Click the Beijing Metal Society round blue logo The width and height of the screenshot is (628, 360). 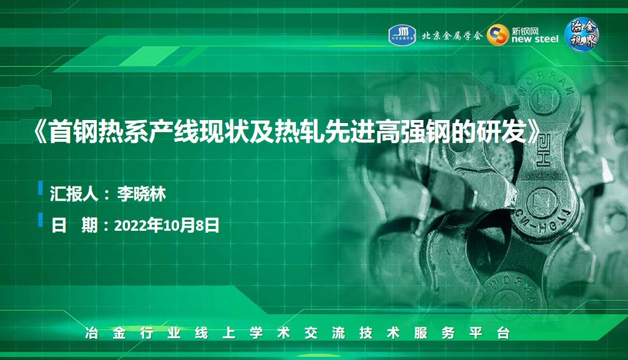coord(402,35)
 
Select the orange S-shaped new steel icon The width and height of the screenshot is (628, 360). coord(498,35)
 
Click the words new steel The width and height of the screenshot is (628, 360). coord(535,39)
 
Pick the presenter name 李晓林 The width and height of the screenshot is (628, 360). coord(141,194)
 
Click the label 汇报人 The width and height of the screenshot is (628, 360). coord(74,194)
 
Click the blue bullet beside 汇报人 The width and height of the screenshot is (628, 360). coord(40,188)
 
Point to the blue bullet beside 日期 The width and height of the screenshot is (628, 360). coord(40,219)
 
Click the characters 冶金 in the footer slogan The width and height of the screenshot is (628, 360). coord(105,333)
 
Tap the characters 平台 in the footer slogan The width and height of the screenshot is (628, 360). coord(489,333)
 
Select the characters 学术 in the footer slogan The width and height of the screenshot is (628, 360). coord(270,333)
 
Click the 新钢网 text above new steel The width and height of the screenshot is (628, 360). coord(525,30)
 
